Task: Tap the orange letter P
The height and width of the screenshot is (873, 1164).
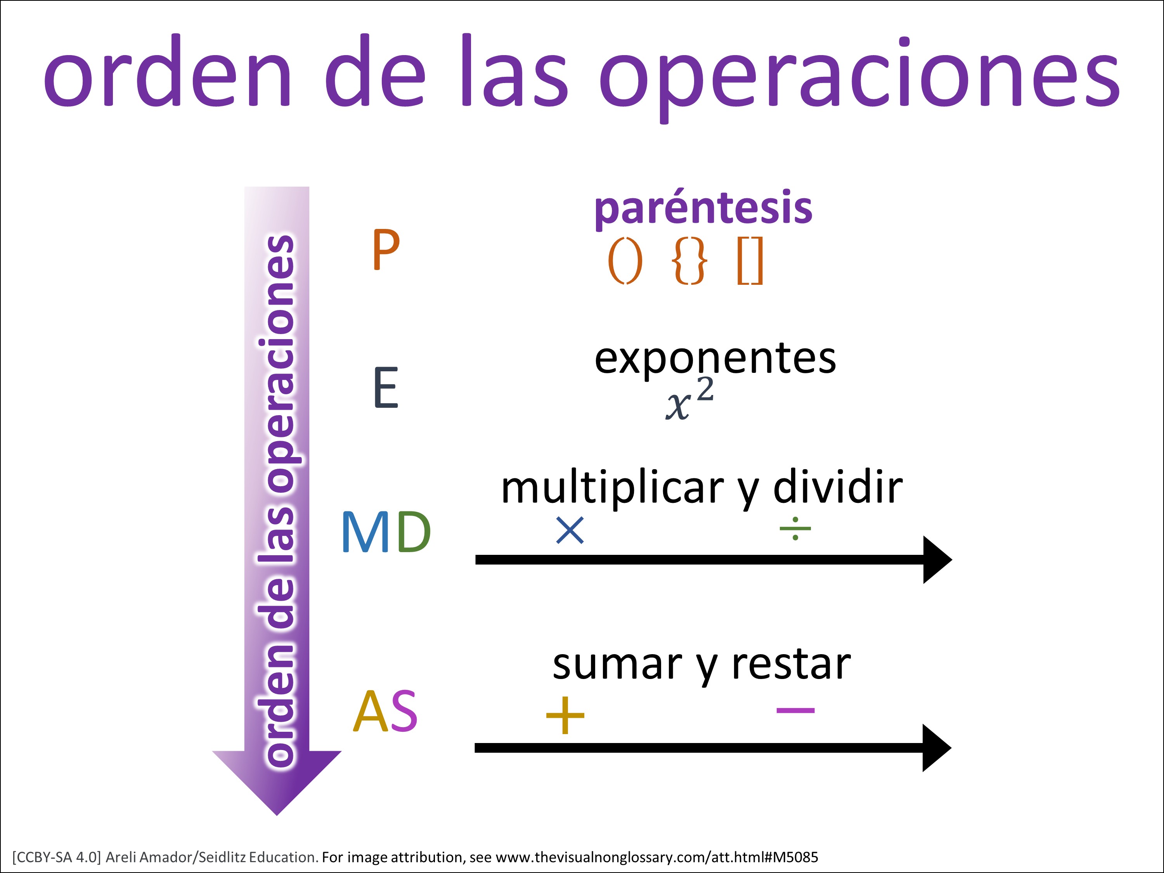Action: point(386,250)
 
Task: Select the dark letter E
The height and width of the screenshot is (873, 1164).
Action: point(386,388)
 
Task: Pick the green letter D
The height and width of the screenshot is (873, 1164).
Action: point(414,532)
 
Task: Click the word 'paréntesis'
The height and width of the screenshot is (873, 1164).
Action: point(703,209)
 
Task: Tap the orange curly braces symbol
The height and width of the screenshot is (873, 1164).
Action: point(689,262)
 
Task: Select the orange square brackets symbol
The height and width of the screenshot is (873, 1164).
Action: point(750,262)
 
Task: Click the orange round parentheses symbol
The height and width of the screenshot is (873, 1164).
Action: point(625,262)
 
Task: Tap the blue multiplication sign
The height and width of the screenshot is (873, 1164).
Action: point(570,530)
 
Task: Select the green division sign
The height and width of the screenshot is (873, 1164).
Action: point(795,528)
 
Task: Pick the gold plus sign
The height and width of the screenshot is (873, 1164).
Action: point(565,715)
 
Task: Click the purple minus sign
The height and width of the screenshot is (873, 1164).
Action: point(796,710)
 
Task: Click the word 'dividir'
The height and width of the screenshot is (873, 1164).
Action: point(838,487)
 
